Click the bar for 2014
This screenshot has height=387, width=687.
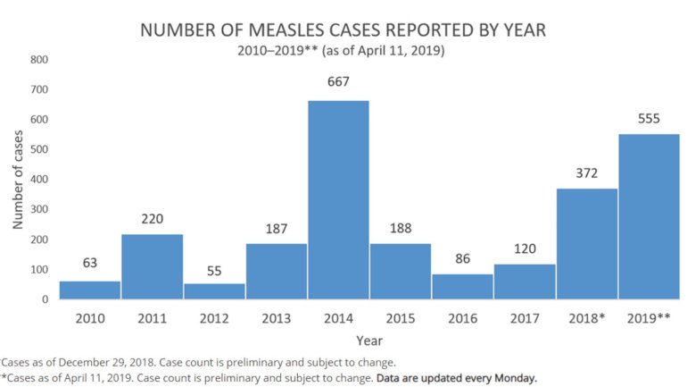338,199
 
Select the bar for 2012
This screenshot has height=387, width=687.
214,291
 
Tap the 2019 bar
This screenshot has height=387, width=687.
649,216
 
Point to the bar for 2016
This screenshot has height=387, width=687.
462,286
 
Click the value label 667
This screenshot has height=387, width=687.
338,82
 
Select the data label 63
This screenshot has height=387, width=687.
90,264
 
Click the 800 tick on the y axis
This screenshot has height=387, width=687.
38,60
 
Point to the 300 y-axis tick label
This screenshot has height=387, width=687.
38,209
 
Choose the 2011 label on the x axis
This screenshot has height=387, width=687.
152,318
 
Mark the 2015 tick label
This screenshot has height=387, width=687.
401,318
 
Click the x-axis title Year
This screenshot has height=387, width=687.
369,341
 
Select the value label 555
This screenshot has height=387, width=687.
649,118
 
